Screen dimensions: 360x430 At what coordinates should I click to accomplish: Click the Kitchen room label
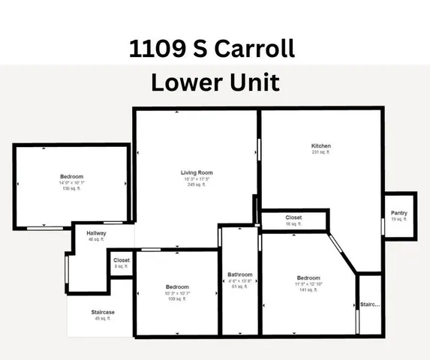click(320, 145)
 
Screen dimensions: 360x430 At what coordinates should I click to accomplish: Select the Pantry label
click(399, 213)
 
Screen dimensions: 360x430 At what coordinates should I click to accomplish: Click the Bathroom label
click(239, 274)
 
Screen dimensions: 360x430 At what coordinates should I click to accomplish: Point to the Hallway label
click(96, 233)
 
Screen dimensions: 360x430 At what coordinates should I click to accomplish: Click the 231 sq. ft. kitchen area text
click(320, 152)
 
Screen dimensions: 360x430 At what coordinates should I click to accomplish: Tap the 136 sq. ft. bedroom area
click(71, 188)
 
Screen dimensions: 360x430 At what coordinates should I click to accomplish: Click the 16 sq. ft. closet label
click(293, 224)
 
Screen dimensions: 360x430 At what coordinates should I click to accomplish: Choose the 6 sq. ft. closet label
click(122, 266)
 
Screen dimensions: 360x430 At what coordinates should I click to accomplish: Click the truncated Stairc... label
click(370, 305)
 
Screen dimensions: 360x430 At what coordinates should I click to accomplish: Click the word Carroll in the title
click(254, 50)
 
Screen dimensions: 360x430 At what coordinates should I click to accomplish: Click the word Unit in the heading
click(252, 81)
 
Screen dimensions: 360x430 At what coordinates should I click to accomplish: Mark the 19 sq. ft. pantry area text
click(399, 220)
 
